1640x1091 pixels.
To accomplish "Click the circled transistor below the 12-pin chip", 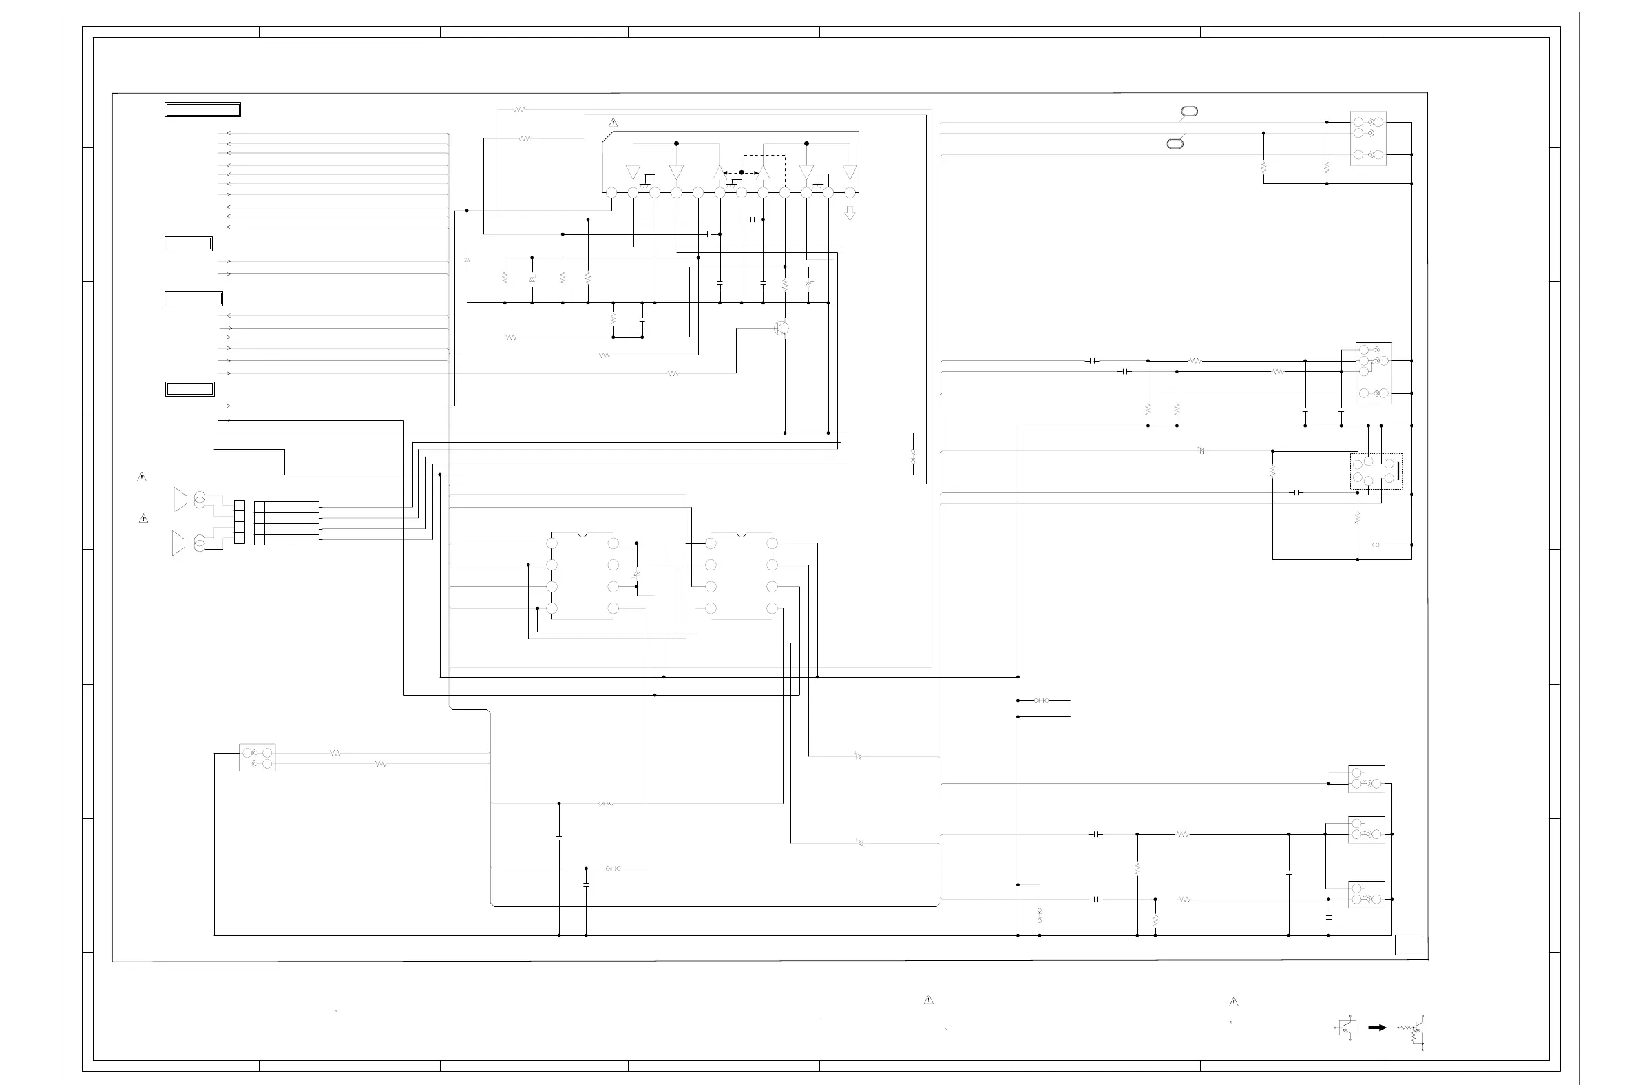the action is (x=781, y=328).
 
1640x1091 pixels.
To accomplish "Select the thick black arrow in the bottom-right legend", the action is (x=1376, y=1028).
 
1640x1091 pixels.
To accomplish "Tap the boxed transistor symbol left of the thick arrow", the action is (x=1347, y=1027).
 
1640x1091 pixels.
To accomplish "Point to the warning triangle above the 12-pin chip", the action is (x=613, y=123).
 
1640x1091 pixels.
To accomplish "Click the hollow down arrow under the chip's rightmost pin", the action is (x=849, y=212).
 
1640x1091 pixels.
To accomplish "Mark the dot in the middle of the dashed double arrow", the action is (x=742, y=173).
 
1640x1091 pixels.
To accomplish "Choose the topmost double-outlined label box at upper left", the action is (x=202, y=110).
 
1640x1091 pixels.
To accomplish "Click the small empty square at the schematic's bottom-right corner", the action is (x=1408, y=945).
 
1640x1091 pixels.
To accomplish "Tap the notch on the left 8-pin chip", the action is (x=583, y=534).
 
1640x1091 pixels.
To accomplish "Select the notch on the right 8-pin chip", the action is (x=742, y=534).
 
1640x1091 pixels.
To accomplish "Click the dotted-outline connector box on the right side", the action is (x=1376, y=471).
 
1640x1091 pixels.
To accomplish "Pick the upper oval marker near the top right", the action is (x=1189, y=112).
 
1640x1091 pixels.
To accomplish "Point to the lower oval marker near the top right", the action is (x=1175, y=144).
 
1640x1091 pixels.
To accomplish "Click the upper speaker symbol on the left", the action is (x=181, y=499).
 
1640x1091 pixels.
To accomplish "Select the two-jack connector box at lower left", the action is (x=257, y=758).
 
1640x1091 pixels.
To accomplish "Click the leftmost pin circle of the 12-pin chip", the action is (x=611, y=193).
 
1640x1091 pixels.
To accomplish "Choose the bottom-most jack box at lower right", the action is (x=1366, y=895).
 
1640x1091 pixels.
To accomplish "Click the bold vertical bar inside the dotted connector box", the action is (x=1398, y=471).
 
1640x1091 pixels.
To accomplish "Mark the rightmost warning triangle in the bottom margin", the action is (x=1233, y=1002).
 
